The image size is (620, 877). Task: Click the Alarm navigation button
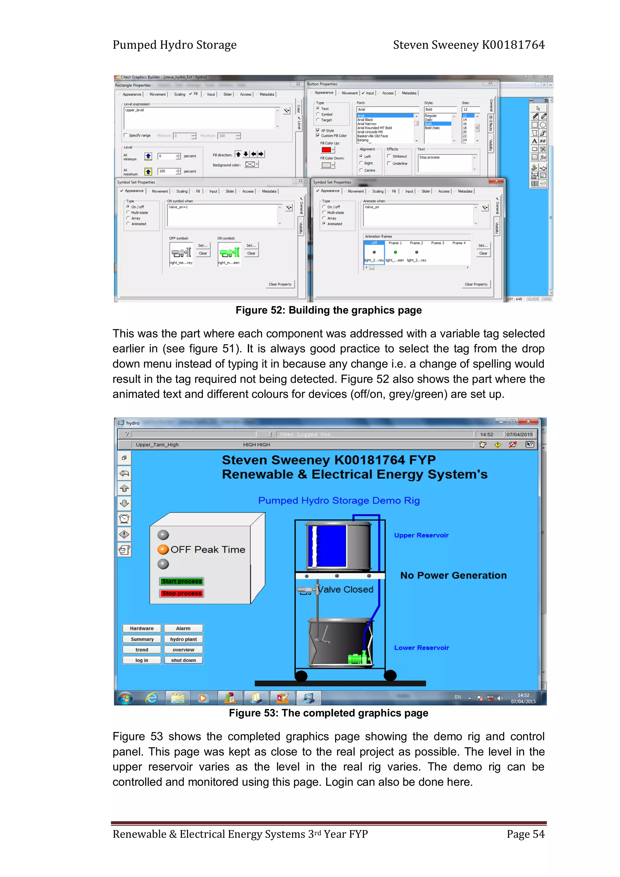click(x=183, y=628)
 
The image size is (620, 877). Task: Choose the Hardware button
click(x=142, y=628)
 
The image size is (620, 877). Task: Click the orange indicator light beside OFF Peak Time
click(x=163, y=550)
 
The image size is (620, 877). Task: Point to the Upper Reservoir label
click(x=421, y=535)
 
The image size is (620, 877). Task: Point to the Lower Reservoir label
click(x=421, y=648)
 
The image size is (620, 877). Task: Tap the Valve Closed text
click(x=346, y=589)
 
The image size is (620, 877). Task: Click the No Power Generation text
click(x=453, y=575)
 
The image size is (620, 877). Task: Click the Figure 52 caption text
click(x=328, y=310)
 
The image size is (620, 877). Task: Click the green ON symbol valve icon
click(x=229, y=252)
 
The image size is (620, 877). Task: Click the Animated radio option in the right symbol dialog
click(x=324, y=224)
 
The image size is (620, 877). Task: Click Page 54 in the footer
click(x=525, y=834)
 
